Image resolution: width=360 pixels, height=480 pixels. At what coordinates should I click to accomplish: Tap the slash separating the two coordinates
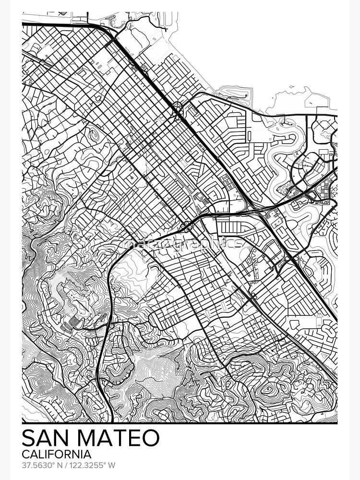coord(66,465)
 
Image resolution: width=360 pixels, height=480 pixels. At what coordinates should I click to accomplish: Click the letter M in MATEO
coord(89,438)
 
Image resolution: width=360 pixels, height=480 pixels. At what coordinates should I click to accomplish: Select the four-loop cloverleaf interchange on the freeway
coord(179,110)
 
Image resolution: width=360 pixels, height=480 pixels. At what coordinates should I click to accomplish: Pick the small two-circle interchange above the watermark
coord(187,226)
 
